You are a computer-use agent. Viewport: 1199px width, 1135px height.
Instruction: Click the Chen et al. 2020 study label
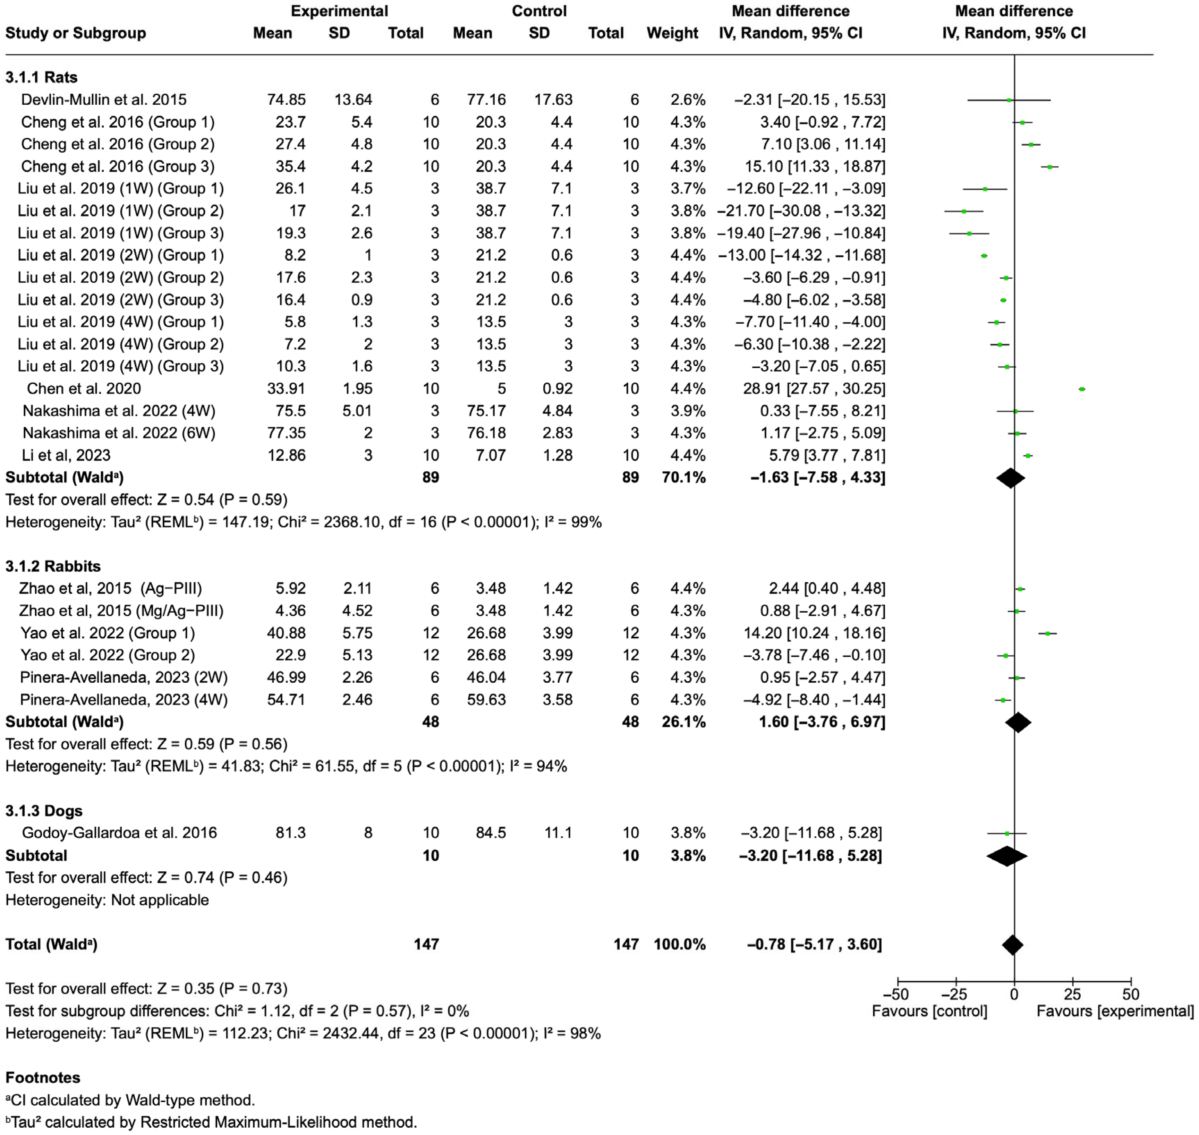[84, 389]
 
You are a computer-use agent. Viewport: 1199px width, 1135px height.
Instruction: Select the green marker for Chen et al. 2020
[1082, 389]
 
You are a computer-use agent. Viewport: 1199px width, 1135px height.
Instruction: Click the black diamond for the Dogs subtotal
[1007, 855]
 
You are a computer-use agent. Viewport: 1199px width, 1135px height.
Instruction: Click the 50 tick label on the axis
[1131, 994]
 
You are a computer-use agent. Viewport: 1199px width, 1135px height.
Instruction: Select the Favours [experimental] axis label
[1115, 1011]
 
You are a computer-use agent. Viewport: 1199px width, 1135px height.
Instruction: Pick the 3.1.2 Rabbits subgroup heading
[53, 566]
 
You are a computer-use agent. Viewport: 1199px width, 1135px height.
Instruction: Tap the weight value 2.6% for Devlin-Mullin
[688, 100]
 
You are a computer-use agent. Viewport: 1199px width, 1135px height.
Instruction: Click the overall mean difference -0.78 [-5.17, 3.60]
[814, 945]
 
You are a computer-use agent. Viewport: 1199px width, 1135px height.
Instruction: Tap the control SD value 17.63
[553, 100]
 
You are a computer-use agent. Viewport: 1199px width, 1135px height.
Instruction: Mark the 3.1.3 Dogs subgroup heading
[44, 811]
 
